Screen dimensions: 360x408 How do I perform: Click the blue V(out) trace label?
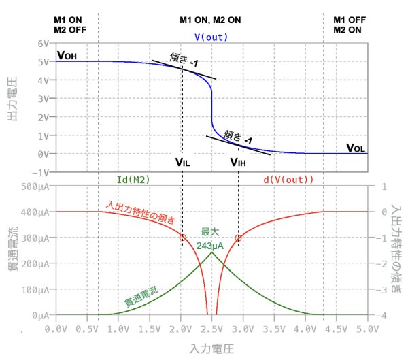point(211,37)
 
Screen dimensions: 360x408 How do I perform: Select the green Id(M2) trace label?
point(133,180)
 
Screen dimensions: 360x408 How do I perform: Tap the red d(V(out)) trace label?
point(288,180)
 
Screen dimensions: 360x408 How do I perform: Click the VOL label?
point(356,148)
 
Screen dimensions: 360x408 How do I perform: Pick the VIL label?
point(183,162)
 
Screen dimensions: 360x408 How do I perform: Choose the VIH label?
point(238,162)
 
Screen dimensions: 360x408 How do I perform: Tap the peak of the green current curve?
point(212,252)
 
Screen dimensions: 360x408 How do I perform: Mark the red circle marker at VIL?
point(182,238)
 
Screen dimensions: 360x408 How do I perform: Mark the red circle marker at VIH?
point(238,238)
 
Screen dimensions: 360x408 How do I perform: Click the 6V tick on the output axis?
point(44,43)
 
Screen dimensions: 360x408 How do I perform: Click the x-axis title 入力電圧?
point(211,348)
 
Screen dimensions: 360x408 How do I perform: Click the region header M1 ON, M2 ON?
point(211,20)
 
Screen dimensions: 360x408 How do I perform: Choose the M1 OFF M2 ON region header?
point(347,24)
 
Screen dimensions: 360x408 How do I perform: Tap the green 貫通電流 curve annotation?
point(141,294)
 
